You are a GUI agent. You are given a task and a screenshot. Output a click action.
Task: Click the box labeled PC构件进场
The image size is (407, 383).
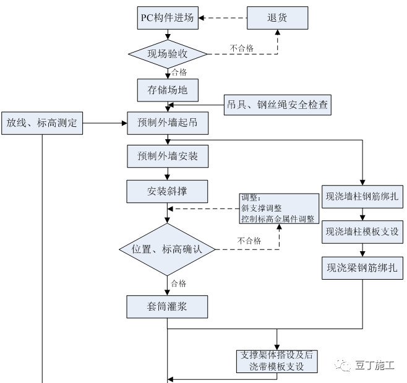(167, 18)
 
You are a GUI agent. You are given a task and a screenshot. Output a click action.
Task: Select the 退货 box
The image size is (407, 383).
(277, 18)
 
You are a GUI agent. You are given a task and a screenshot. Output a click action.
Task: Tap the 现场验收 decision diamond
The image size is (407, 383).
(167, 54)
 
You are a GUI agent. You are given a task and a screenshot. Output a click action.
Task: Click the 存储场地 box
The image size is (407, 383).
(167, 90)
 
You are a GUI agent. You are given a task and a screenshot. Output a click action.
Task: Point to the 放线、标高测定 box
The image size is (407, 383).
(41, 123)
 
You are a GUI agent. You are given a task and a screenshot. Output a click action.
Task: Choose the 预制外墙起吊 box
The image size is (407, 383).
(167, 123)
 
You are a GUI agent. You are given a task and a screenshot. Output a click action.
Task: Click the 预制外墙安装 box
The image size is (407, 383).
(167, 157)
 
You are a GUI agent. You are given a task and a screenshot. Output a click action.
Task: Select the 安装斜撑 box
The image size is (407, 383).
(167, 191)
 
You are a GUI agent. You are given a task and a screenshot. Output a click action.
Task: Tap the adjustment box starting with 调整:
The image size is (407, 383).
(277, 209)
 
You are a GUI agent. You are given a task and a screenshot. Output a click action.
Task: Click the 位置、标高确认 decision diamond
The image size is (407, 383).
(167, 249)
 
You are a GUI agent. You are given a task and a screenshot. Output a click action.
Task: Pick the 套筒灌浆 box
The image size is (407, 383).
(167, 306)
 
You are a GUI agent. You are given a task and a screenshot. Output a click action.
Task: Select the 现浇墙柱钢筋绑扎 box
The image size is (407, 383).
(362, 198)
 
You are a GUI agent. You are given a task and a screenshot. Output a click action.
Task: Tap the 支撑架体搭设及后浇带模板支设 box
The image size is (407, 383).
(277, 361)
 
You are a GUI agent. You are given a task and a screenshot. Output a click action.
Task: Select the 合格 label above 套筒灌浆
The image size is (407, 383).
(178, 283)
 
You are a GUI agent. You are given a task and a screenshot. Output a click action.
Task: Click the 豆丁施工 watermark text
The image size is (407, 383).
(375, 365)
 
